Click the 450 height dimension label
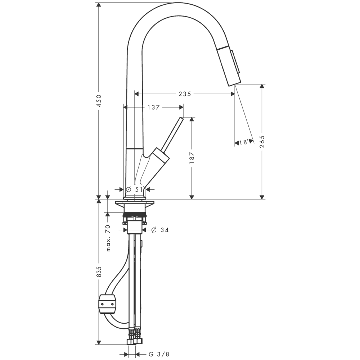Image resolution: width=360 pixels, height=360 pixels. pyautogui.click(x=99, y=100)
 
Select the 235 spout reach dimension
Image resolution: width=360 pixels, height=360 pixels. pyautogui.click(x=185, y=94)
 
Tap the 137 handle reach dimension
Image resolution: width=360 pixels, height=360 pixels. pyautogui.click(x=153, y=107)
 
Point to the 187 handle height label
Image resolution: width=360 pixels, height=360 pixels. pyautogui.click(x=192, y=158)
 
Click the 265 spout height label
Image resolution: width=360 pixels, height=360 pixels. pyautogui.click(x=262, y=141)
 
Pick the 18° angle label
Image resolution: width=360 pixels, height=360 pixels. pyautogui.click(x=244, y=142)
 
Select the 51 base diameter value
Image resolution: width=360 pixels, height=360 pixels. pyautogui.click(x=139, y=189)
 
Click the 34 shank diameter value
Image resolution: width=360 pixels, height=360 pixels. pyautogui.click(x=165, y=230)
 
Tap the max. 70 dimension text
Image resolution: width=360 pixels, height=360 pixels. pyautogui.click(x=108, y=238)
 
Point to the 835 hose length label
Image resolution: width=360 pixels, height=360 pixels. pyautogui.click(x=99, y=272)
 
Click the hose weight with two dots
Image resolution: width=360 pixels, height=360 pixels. pyautogui.click(x=107, y=304)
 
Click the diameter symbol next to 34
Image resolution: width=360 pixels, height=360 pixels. pyautogui.click(x=154, y=230)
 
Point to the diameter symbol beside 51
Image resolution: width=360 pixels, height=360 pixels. pyautogui.click(x=129, y=189)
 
